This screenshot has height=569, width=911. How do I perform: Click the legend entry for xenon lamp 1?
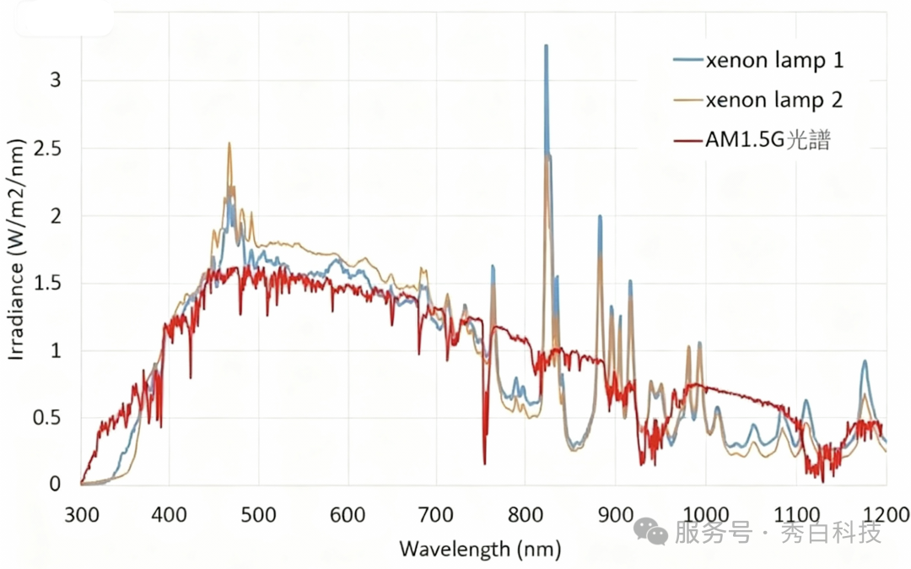(x=774, y=61)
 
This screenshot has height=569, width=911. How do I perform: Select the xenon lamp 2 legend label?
(x=774, y=100)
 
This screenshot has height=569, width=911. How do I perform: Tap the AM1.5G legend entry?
(x=767, y=140)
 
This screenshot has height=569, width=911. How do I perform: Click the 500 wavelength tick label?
(x=258, y=514)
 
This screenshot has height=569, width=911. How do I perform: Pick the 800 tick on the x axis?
(x=525, y=514)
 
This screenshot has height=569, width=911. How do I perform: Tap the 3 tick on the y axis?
(x=56, y=81)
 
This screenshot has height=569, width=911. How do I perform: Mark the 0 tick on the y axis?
(x=56, y=485)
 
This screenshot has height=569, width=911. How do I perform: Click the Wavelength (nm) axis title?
(x=479, y=550)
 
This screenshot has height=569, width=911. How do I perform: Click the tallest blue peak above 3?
(x=546, y=47)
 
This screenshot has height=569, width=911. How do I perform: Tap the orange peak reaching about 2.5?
(x=229, y=144)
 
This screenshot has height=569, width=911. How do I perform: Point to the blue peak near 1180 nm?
(x=865, y=362)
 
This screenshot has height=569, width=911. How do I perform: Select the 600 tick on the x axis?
(x=348, y=514)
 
